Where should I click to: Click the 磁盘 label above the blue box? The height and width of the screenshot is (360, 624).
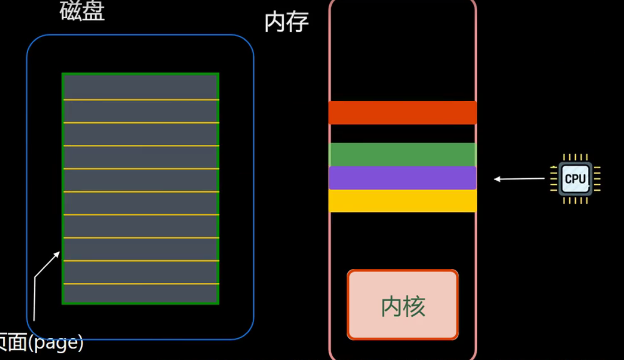[x=82, y=11]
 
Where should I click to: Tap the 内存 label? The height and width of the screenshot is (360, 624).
[x=286, y=22]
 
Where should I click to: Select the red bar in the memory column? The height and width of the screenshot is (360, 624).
[x=403, y=113]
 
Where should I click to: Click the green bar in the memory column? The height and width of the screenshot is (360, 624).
[x=403, y=154]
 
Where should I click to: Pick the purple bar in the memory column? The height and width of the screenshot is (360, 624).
[x=403, y=178]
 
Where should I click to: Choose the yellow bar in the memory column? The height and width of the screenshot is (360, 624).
[x=403, y=201]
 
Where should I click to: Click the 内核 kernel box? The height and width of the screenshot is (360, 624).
[x=403, y=305]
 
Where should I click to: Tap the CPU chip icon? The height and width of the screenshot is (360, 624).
[x=575, y=179]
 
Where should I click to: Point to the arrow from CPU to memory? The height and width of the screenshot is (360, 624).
[x=521, y=179]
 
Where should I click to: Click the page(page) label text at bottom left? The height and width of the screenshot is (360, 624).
[x=42, y=343]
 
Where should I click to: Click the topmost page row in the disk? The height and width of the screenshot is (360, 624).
[x=141, y=86]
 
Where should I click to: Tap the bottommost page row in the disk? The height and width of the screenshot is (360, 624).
[x=141, y=293]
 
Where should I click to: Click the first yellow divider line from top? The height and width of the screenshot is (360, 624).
[x=141, y=100]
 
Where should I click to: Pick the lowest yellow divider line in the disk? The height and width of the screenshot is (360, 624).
[x=141, y=283]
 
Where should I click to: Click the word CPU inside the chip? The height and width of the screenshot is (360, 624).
[x=575, y=179]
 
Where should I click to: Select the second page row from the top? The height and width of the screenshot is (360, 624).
[x=141, y=111]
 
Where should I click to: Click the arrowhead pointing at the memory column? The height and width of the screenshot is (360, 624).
[x=497, y=179]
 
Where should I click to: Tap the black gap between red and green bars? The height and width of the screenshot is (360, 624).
[x=403, y=133]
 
